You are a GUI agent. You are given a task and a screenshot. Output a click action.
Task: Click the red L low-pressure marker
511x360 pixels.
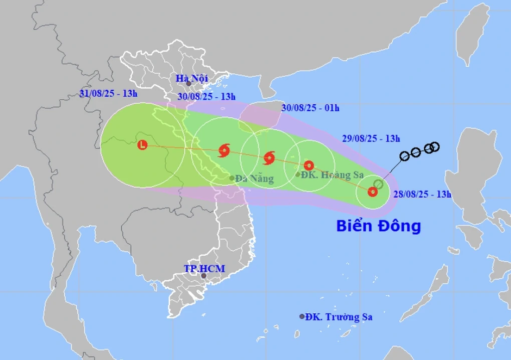(x=143, y=145)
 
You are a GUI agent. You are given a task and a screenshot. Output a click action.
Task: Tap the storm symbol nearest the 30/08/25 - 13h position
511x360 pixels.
(x=224, y=149)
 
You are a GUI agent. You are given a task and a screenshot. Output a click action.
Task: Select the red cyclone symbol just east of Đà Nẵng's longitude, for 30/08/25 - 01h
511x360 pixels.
(x=270, y=158)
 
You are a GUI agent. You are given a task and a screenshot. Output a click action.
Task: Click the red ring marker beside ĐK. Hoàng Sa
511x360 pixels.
(x=309, y=165)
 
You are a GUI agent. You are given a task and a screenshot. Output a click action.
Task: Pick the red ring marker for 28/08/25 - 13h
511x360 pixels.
(x=372, y=192)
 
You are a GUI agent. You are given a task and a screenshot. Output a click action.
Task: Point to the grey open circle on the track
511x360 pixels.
(x=379, y=184)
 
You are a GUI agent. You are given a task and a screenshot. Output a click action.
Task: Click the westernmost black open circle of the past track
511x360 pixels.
(x=405, y=155)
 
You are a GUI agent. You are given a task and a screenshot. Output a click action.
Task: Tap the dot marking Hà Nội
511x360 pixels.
(x=189, y=84)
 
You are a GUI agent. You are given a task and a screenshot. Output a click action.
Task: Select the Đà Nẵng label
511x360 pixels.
(x=254, y=178)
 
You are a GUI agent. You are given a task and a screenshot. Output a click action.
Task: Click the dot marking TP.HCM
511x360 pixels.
(x=204, y=276)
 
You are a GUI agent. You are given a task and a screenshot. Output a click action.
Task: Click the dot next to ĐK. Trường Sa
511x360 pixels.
(x=302, y=316)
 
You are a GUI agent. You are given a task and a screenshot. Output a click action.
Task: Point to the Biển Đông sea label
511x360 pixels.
(x=378, y=226)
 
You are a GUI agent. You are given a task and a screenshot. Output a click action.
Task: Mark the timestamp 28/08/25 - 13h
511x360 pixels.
(x=422, y=195)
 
